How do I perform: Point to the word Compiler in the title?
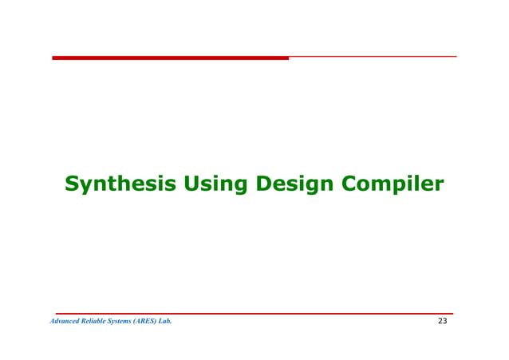(x=392, y=184)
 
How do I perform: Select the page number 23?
(x=443, y=322)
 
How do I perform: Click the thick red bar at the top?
(x=170, y=57)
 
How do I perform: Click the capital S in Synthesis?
(x=71, y=184)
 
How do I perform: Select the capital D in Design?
(x=264, y=184)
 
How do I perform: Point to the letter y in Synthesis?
(x=86, y=187)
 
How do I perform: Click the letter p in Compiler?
(x=397, y=187)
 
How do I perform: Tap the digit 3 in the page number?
(x=445, y=322)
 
